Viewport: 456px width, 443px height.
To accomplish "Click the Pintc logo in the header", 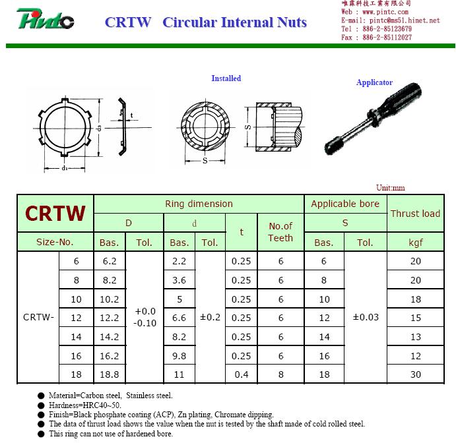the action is (x=45, y=19).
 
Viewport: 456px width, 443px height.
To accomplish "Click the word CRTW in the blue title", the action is (x=128, y=22).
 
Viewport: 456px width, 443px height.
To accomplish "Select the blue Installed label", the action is (x=226, y=78).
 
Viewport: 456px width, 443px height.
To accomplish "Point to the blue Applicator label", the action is (x=374, y=82).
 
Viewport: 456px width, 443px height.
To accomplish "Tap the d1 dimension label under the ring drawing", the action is (x=65, y=168).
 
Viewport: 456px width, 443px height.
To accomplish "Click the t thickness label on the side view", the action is (x=132, y=115).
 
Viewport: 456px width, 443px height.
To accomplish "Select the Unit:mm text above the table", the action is (x=390, y=188).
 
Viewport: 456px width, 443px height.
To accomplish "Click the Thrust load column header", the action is (x=415, y=214).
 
